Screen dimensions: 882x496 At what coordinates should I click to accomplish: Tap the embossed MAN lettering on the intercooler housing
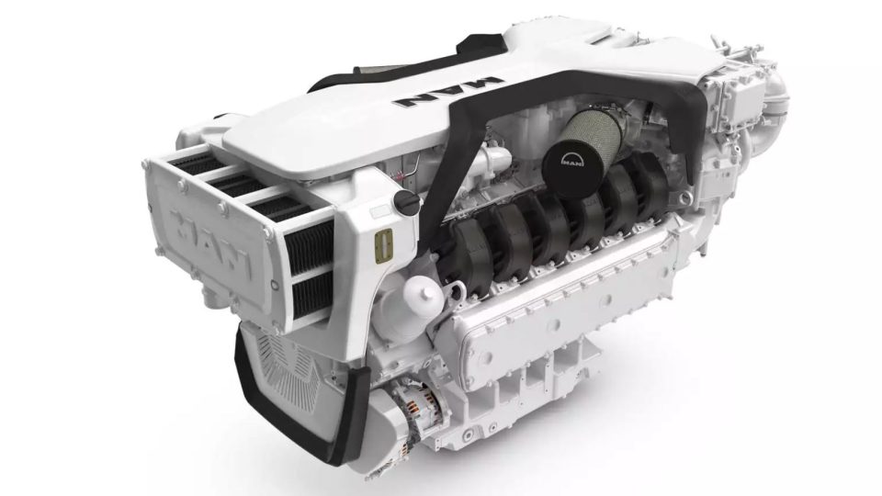pos(209,242)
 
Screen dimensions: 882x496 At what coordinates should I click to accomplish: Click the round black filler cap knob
pos(405,200)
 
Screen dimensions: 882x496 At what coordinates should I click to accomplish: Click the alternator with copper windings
pos(419,409)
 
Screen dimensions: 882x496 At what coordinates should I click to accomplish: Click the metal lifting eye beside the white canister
pos(456,289)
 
